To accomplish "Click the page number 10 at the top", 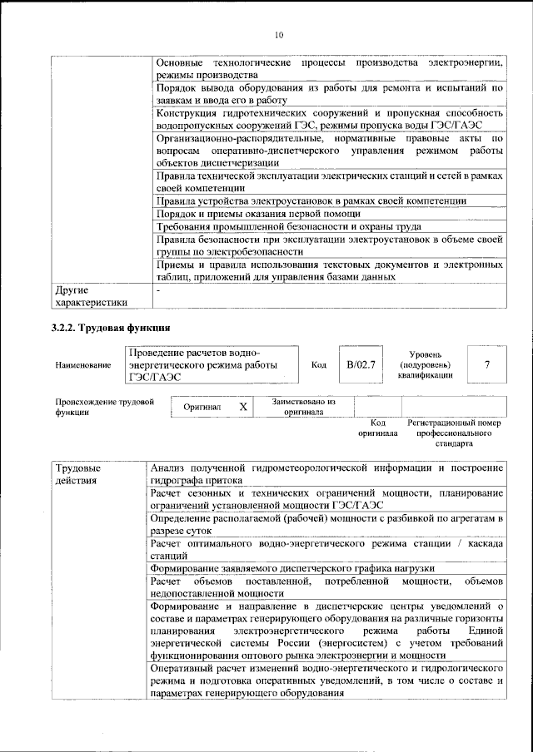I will (x=278, y=34).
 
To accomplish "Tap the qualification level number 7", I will (x=487, y=364).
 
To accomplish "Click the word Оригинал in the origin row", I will (x=202, y=408).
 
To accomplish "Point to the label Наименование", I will (x=82, y=365).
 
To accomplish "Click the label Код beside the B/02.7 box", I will (x=318, y=364).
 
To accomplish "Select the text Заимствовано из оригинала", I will (x=303, y=406).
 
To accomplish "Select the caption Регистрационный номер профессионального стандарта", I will (x=454, y=433).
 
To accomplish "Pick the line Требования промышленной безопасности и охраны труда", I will (x=288, y=226).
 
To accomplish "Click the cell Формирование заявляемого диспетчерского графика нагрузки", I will (x=297, y=567).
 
